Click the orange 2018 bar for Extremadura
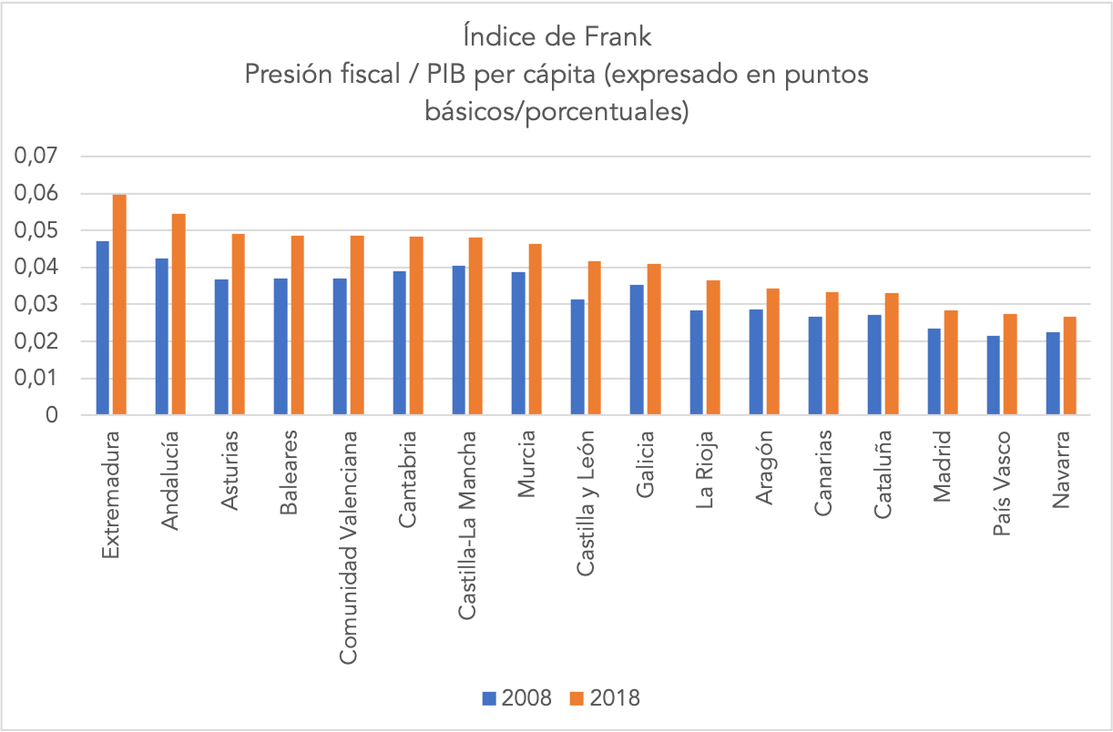click(x=118, y=305)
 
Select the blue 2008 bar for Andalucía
click(x=161, y=337)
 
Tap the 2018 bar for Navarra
click(x=1070, y=366)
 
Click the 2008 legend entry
click(x=517, y=698)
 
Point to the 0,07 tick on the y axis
click(x=36, y=158)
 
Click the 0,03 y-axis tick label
click(x=36, y=305)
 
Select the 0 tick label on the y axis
click(x=51, y=415)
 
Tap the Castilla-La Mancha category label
click(x=468, y=525)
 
